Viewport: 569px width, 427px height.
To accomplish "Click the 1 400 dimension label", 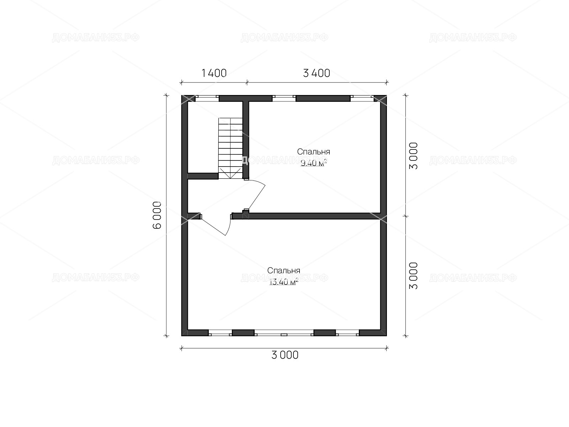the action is (x=214, y=73).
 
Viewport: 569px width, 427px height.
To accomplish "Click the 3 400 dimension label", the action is (x=317, y=73).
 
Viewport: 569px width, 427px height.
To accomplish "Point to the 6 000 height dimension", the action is (x=157, y=215).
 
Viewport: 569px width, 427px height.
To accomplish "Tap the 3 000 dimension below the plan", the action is (x=285, y=355).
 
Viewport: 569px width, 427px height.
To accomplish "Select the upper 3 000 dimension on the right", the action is (x=413, y=156).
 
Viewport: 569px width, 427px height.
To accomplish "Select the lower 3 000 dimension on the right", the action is (x=413, y=276).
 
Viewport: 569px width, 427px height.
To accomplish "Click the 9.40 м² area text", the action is (x=314, y=163).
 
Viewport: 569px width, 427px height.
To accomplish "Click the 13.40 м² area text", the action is (x=283, y=282).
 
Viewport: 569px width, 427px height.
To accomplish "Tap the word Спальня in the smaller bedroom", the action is (x=313, y=152).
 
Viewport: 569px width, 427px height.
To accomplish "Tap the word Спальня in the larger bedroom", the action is (x=283, y=271).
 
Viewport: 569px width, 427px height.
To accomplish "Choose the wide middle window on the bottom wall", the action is (x=284, y=333).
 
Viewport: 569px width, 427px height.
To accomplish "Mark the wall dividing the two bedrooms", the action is (x=306, y=216).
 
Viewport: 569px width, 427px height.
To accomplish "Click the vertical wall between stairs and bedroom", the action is (x=246, y=140).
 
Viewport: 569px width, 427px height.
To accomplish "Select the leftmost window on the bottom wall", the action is (x=220, y=333).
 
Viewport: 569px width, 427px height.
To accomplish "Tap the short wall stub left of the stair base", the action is (x=203, y=176).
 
